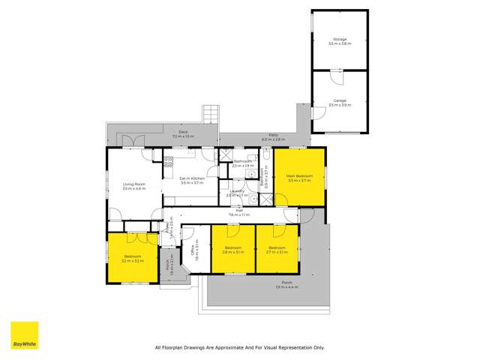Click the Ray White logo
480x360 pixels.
pyautogui.click(x=24, y=335)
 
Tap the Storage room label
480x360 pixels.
pyautogui.click(x=340, y=39)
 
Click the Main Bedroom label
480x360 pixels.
pyautogui.click(x=299, y=176)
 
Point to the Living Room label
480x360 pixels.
pyautogui.click(x=134, y=184)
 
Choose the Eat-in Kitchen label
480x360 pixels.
pyautogui.click(x=192, y=178)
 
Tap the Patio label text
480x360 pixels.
pyautogui.click(x=274, y=136)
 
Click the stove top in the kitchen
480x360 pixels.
pyautogui.click(x=169, y=161)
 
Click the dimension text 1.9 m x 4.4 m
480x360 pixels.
pyautogui.click(x=286, y=287)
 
